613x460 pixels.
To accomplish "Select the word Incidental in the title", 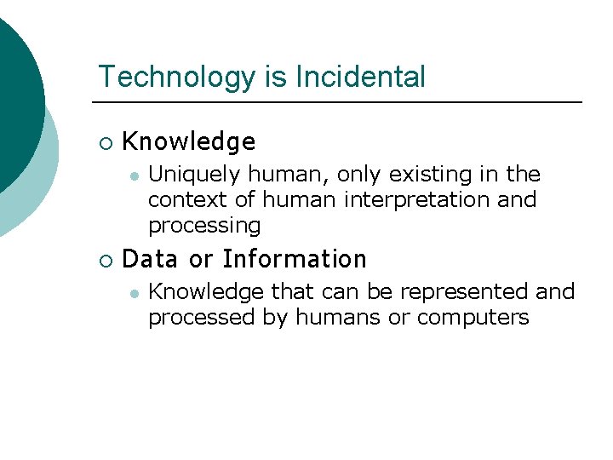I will (360, 77).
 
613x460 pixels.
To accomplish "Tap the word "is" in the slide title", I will (276, 77).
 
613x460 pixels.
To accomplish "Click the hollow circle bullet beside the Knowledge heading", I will (105, 142).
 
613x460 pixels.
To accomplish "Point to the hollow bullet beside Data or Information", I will (105, 259).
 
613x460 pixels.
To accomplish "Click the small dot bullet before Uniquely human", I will (133, 175).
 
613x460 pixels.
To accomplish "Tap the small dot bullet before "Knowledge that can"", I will (133, 292).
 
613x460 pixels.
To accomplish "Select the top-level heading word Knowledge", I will (189, 141).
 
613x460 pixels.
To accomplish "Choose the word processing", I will (204, 226).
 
